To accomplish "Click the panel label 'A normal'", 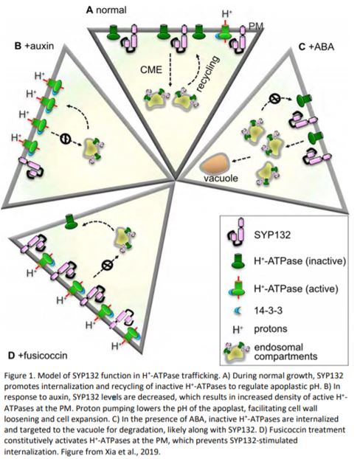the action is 106,10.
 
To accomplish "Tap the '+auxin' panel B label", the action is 34,46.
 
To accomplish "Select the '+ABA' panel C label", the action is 316,46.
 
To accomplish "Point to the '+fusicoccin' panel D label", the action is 38,356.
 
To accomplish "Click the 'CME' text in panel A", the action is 151,70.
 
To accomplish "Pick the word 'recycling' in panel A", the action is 207,74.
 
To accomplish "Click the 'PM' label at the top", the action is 255,27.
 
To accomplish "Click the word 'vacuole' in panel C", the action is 221,178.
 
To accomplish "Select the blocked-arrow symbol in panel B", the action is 65,138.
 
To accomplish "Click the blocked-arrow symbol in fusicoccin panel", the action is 106,265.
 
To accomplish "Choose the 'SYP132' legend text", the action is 272,235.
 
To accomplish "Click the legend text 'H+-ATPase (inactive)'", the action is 300,260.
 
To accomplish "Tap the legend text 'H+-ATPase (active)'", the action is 296,289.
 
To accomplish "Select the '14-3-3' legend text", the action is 268,310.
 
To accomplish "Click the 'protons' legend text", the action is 271,329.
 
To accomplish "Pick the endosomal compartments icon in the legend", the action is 237,351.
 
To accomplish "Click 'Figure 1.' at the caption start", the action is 20,376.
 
